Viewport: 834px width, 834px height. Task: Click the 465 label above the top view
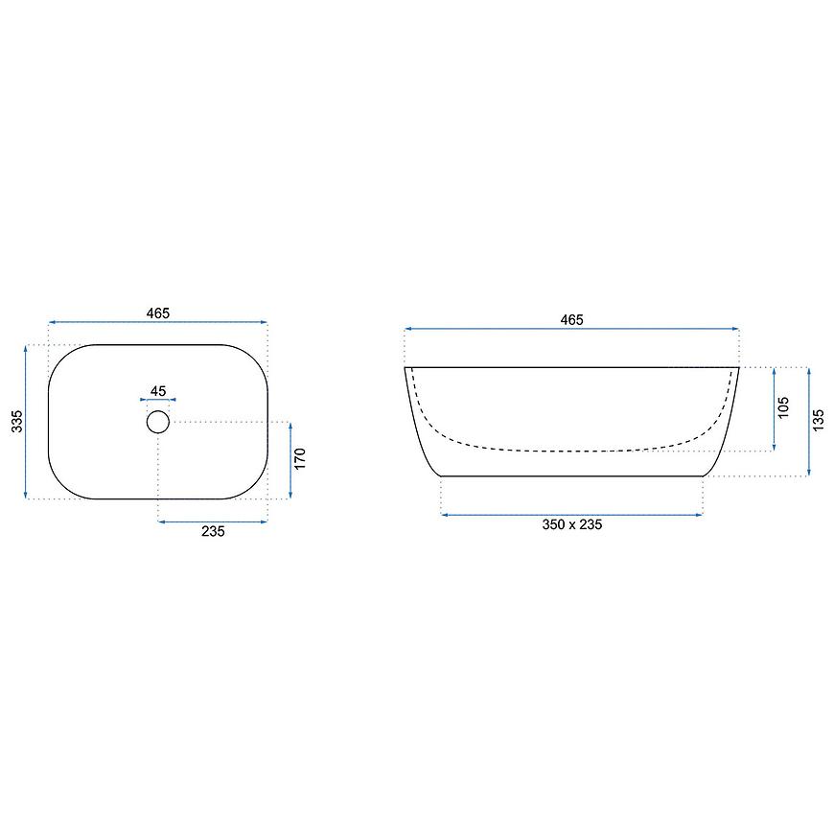click(x=158, y=313)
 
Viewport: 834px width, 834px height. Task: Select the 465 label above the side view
click(x=571, y=319)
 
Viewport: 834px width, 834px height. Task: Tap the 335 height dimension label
click(x=17, y=421)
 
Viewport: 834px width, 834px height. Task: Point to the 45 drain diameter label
click(x=158, y=391)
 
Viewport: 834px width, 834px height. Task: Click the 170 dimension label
click(x=300, y=458)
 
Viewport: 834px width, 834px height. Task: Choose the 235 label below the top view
click(x=213, y=531)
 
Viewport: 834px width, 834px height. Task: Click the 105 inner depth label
click(x=783, y=407)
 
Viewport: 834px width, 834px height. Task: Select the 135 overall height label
click(x=818, y=420)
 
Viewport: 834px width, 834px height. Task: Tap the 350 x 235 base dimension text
click(x=571, y=524)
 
